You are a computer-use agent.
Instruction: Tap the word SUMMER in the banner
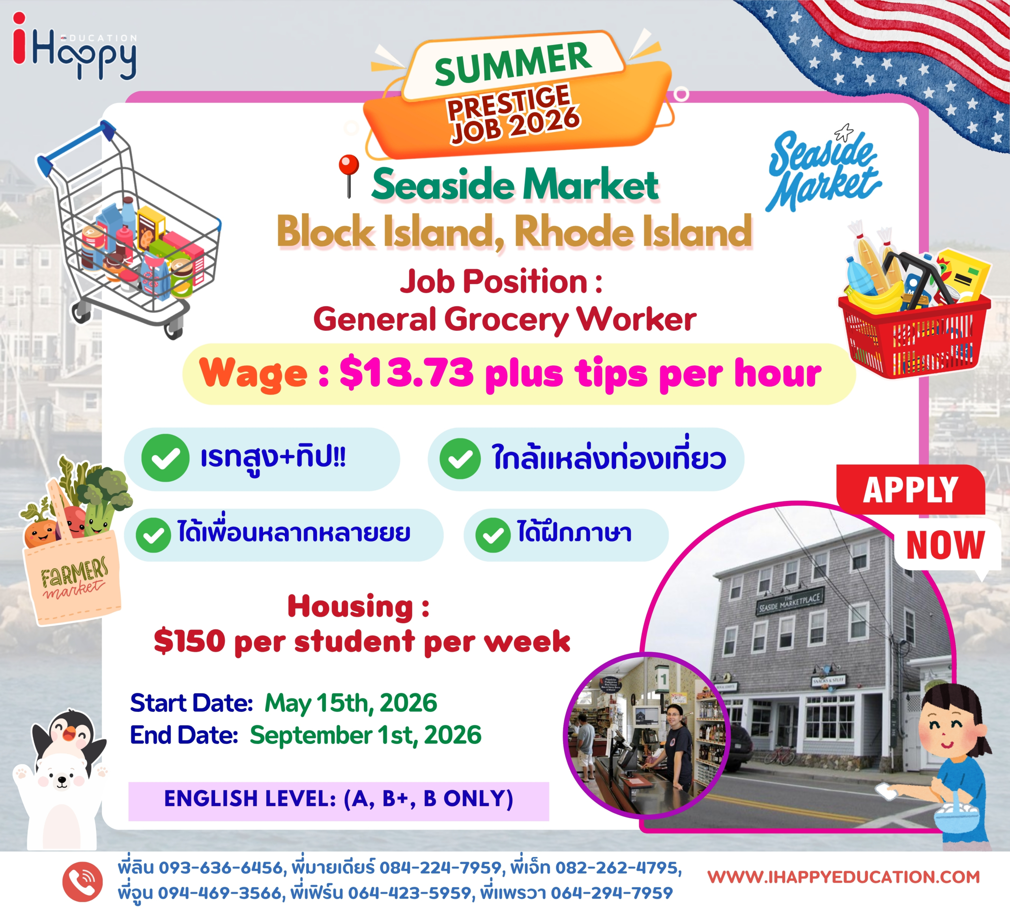coord(513,63)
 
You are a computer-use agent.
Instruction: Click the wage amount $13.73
coord(406,373)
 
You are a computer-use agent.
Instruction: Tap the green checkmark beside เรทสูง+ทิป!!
coord(165,458)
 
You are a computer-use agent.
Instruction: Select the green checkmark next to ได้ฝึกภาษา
coord(493,535)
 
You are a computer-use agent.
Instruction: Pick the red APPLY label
coord(911,490)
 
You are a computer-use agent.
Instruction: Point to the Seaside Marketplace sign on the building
coord(789,602)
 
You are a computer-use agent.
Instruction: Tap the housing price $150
coord(190,641)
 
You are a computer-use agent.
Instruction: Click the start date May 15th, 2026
coord(351,703)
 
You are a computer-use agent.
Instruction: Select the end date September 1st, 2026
coord(366,735)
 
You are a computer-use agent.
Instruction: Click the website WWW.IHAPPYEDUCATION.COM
coord(844,877)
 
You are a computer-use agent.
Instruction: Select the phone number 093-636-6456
coord(221,868)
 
